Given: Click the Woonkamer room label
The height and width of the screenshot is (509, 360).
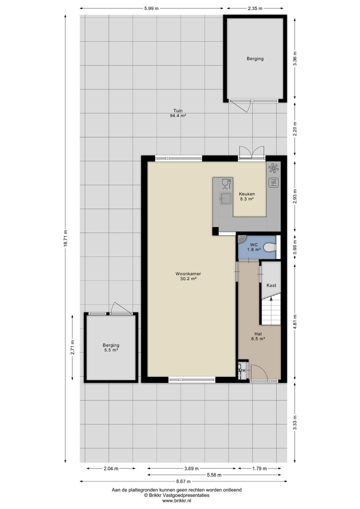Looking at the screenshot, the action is pyautogui.click(x=188, y=274).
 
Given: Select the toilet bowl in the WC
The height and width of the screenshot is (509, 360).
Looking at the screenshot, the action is pyautogui.click(x=270, y=247).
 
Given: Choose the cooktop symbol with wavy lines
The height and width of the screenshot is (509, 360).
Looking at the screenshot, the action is pyautogui.click(x=273, y=183).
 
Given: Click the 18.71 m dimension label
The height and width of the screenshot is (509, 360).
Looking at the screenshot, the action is pyautogui.click(x=66, y=238).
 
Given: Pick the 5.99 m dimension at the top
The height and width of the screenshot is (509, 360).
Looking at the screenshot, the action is pyautogui.click(x=151, y=8).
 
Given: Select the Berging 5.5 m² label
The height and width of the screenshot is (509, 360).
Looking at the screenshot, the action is pyautogui.click(x=111, y=347).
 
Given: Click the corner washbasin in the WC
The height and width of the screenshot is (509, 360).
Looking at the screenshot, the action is pyautogui.click(x=241, y=239).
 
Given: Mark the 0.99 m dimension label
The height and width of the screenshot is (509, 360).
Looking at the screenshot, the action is pyautogui.click(x=295, y=247).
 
